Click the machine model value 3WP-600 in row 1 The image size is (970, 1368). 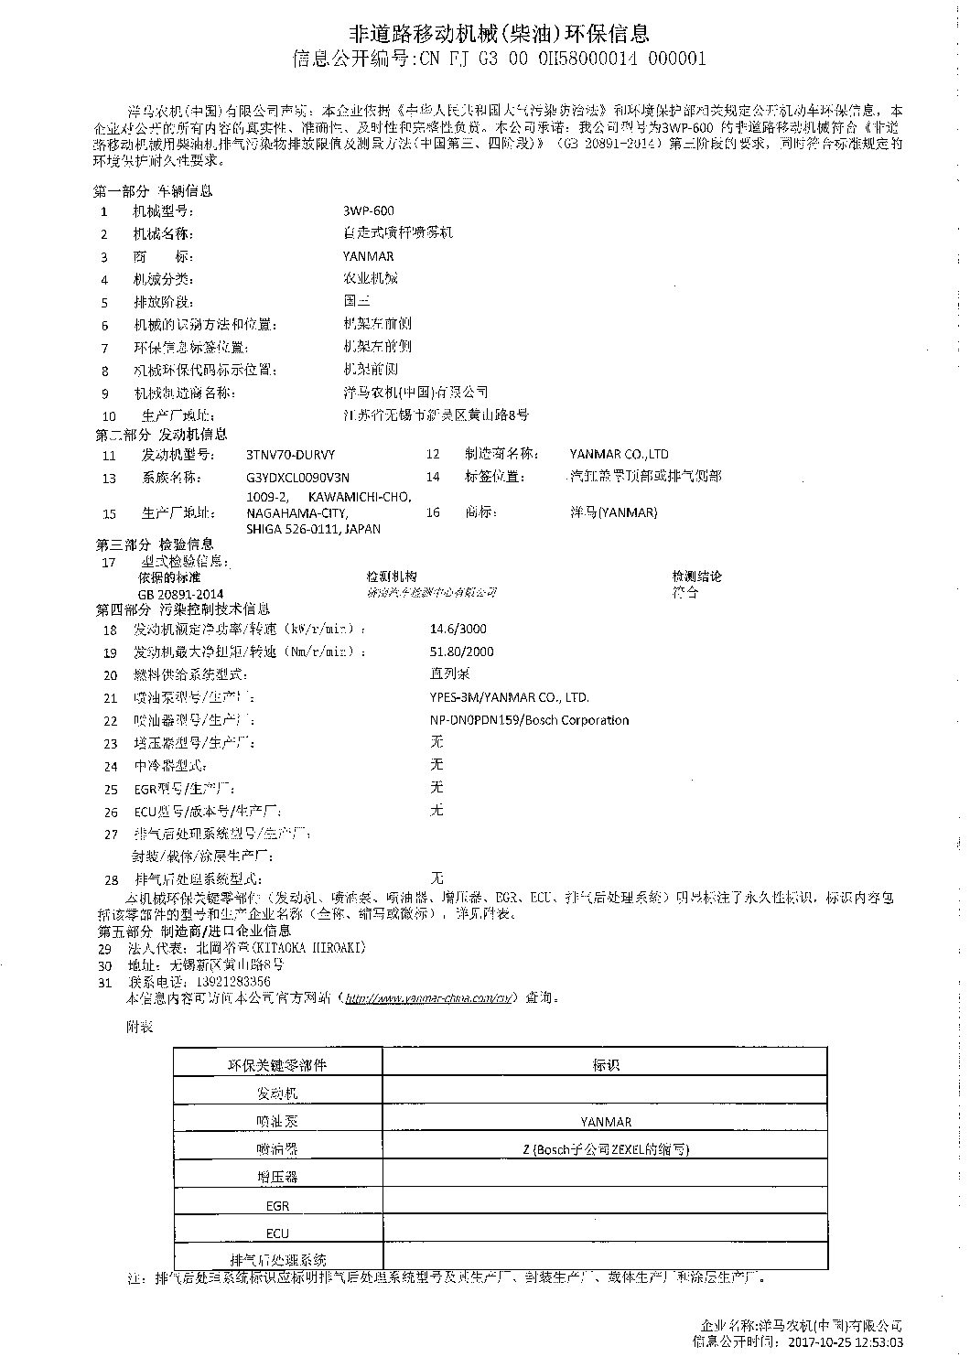tap(369, 210)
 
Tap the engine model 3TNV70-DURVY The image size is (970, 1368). tap(291, 454)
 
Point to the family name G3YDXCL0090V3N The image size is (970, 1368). tap(297, 478)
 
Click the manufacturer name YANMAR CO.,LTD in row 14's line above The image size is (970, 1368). tap(619, 454)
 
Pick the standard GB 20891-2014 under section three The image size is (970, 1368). tap(180, 594)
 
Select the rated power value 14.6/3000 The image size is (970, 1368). tap(458, 629)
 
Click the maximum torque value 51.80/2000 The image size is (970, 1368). tap(462, 652)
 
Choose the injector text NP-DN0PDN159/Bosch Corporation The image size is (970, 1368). tap(529, 720)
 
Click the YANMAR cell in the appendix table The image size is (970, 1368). tap(606, 1121)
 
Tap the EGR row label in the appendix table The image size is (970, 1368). tap(277, 1206)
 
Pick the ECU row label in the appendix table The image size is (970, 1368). tap(277, 1233)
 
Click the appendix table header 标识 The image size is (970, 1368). tap(606, 1065)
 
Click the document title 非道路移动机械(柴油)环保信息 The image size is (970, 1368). tap(500, 34)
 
